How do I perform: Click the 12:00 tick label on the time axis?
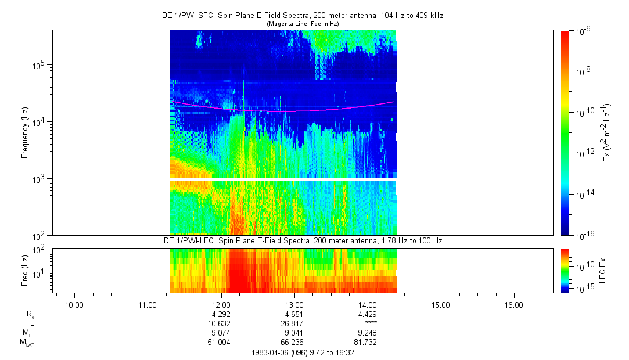[221, 305]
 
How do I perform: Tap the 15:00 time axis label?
[441, 305]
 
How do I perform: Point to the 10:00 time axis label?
[75, 305]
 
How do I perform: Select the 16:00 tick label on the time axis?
[514, 305]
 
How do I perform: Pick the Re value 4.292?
[221, 314]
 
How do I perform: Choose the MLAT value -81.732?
[368, 342]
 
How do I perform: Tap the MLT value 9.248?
[368, 333]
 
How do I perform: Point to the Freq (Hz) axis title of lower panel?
[25, 271]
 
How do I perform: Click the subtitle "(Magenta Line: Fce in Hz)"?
[303, 23]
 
